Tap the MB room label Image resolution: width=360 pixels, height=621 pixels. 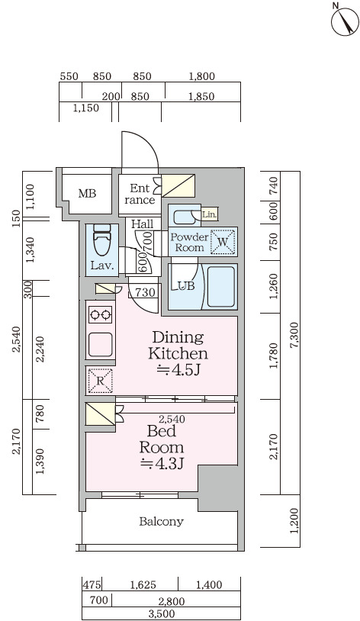click(x=87, y=194)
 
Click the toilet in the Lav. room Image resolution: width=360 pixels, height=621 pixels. click(x=102, y=241)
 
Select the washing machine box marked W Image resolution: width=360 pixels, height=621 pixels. click(x=223, y=242)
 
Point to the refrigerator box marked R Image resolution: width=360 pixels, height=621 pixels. click(x=100, y=381)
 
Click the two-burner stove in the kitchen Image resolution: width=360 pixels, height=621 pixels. click(x=100, y=315)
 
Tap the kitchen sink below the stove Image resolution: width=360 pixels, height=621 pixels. click(x=100, y=345)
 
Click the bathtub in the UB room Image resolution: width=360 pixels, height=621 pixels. click(x=220, y=286)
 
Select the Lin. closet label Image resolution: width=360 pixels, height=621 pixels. click(x=210, y=215)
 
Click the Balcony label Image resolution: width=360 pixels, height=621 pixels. click(x=161, y=521)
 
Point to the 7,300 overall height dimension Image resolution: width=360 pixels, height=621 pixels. click(x=294, y=335)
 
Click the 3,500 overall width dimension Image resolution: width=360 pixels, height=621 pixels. click(x=162, y=614)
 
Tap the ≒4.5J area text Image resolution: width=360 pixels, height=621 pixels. click(x=178, y=370)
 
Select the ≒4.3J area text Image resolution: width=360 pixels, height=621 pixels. click(x=162, y=463)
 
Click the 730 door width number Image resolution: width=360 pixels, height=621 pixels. click(x=145, y=293)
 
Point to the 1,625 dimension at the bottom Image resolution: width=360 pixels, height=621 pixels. click(x=143, y=584)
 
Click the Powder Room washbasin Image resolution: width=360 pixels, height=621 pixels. click(x=184, y=217)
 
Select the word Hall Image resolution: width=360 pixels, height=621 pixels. click(x=142, y=224)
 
